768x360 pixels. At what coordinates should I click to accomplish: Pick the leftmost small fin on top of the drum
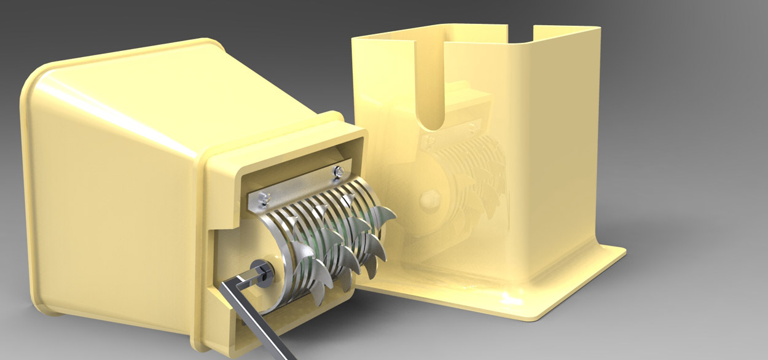[298, 246]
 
